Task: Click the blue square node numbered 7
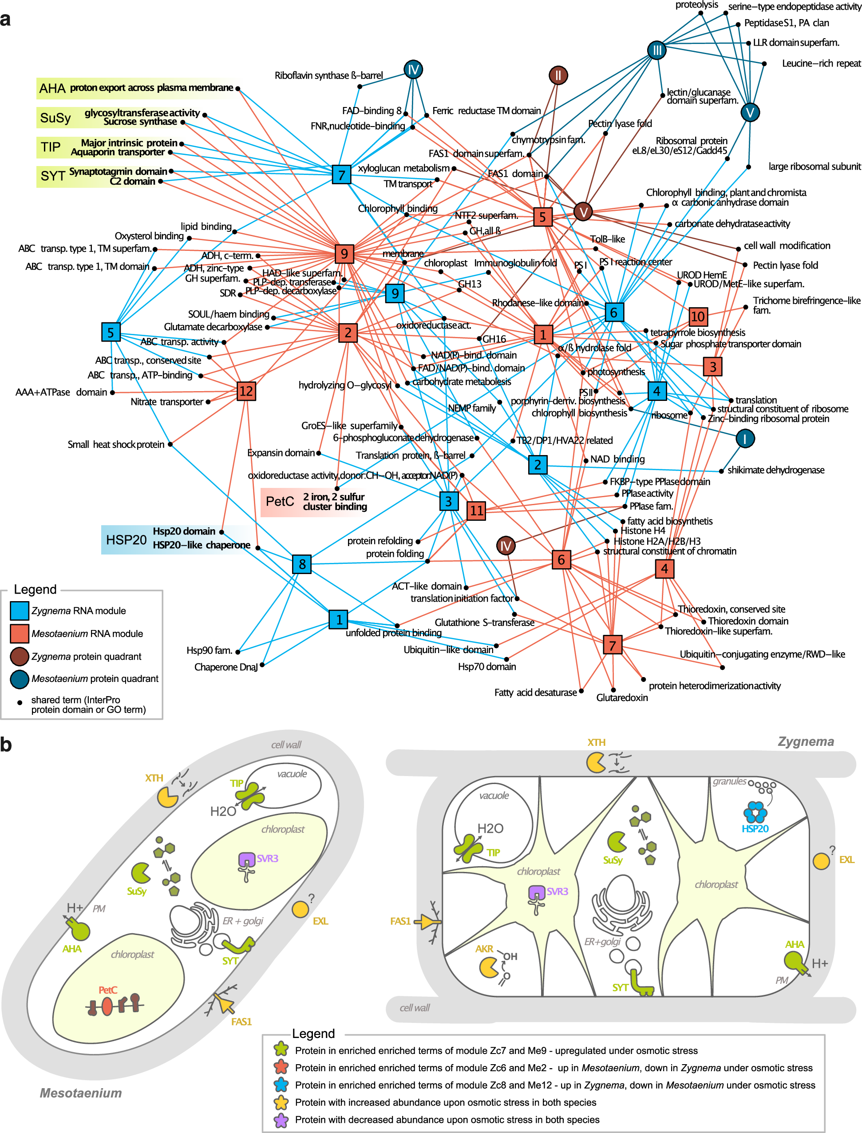coord(341,175)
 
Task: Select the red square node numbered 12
coord(246,391)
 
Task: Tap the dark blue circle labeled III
coord(657,50)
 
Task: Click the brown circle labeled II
coord(558,75)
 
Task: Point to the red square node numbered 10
coord(698,316)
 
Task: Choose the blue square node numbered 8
coord(302,564)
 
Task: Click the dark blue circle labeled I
coord(744,438)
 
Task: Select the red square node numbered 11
coord(476,510)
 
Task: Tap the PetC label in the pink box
coord(280,501)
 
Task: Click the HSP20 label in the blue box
coord(126,540)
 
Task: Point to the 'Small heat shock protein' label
coord(116,444)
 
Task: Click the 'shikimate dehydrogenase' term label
coord(776,470)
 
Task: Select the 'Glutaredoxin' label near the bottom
coord(622,697)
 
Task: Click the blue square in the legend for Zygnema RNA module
coord(20,610)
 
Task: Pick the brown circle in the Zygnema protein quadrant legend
coord(20,656)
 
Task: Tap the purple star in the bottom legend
coord(281,1120)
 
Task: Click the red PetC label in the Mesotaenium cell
coord(108,990)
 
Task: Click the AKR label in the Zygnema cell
coord(484,949)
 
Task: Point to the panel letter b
coord(6,745)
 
